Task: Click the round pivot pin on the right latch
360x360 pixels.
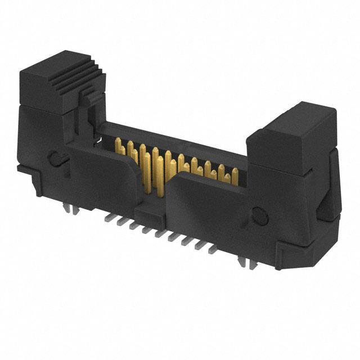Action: (259, 214)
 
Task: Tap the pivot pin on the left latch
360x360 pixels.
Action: (56, 158)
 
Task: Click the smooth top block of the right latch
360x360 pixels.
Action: (292, 135)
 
